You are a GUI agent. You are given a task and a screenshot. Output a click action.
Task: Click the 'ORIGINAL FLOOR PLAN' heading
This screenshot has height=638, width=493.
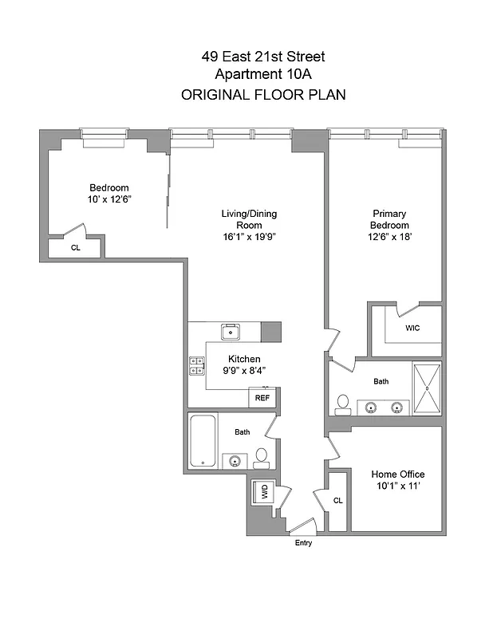(x=262, y=95)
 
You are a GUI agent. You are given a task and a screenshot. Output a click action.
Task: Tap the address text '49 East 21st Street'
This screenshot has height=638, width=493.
(x=262, y=57)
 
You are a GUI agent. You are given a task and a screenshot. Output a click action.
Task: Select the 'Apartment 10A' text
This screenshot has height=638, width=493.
(x=262, y=75)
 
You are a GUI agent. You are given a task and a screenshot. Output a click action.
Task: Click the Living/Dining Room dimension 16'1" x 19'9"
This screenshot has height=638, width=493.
(x=249, y=237)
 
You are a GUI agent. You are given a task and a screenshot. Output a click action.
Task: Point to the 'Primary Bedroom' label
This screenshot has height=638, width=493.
(x=389, y=219)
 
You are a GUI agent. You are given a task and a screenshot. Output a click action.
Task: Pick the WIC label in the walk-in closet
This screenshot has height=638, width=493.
(x=412, y=328)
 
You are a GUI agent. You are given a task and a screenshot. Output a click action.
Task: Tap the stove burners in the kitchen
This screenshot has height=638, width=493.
(x=196, y=365)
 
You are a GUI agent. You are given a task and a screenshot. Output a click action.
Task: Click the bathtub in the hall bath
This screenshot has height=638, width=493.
(x=204, y=441)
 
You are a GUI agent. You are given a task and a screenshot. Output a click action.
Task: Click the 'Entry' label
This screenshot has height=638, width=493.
(x=303, y=544)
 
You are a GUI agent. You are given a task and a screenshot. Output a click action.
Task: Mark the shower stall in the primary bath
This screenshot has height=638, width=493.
(x=427, y=388)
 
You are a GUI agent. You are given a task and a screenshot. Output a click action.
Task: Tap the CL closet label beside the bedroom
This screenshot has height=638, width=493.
(x=76, y=248)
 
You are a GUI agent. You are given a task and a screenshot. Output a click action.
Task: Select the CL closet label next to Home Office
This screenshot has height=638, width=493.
(x=337, y=501)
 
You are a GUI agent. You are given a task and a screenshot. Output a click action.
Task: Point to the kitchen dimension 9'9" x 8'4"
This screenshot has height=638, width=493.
(x=244, y=370)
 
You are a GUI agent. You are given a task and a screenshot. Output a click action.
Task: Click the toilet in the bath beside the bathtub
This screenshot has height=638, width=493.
(x=262, y=458)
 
